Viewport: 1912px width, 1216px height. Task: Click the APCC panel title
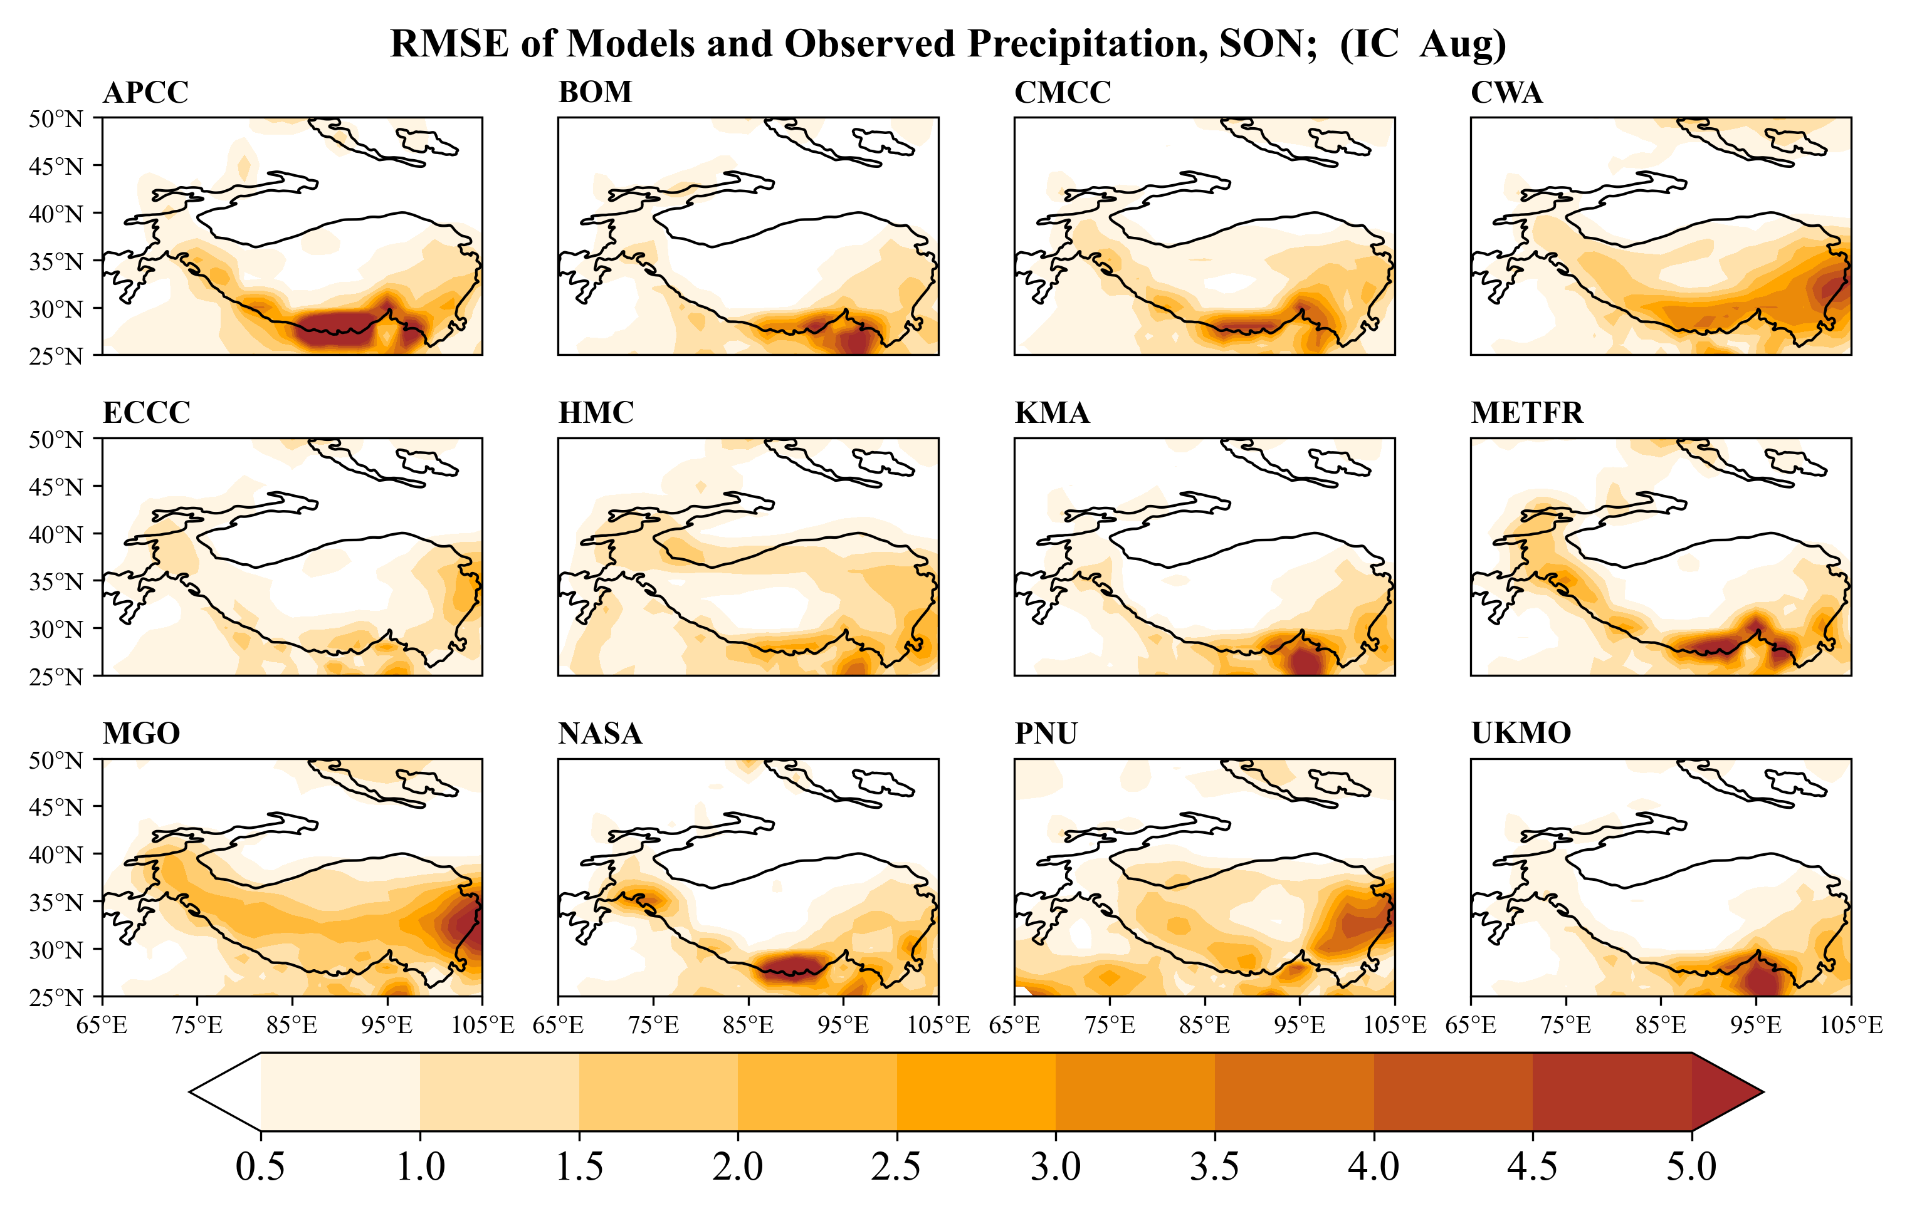tap(145, 93)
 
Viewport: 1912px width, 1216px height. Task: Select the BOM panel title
tap(595, 93)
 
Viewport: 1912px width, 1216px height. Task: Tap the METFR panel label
tap(1526, 413)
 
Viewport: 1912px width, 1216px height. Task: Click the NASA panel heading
tap(599, 734)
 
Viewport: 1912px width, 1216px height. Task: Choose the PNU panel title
tap(1046, 734)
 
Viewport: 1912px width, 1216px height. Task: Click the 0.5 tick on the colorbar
tap(260, 1167)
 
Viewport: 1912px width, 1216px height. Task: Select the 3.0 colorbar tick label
tap(1055, 1167)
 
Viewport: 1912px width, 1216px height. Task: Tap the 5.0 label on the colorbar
tap(1691, 1167)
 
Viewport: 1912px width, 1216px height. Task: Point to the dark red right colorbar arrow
tap(1723, 1092)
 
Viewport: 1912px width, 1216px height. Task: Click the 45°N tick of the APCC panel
tap(56, 167)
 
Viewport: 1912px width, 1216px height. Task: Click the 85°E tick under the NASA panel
tap(748, 1026)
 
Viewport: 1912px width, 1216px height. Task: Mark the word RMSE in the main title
tap(449, 44)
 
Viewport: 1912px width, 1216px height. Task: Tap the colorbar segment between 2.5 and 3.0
tap(976, 1092)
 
